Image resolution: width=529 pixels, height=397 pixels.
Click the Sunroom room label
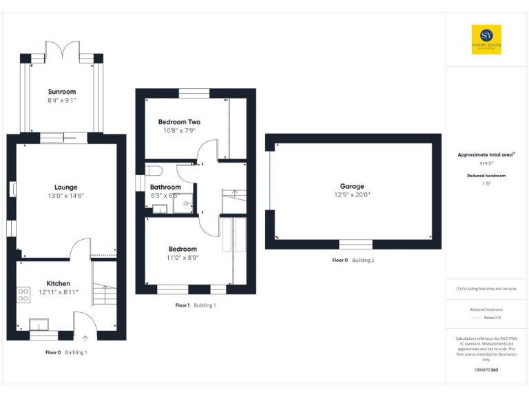[62, 92]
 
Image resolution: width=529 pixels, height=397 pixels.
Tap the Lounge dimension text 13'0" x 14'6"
[66, 196]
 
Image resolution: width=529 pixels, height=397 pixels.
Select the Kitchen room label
[58, 283]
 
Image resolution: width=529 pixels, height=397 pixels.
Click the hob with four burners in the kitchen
[23, 294]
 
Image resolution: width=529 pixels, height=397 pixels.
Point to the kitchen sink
[40, 324]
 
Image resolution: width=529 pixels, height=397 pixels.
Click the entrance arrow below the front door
[85, 338]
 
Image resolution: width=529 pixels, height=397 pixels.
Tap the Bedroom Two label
[179, 122]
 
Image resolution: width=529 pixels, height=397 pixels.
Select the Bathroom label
[165, 187]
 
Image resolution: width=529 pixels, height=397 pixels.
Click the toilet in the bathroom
[153, 170]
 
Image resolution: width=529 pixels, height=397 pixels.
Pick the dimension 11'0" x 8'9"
[183, 257]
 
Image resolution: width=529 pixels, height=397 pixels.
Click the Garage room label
[351, 186]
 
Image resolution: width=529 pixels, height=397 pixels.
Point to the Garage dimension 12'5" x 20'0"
[351, 195]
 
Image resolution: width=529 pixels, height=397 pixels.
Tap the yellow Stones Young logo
[486, 39]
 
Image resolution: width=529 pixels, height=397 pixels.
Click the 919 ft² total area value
[486, 164]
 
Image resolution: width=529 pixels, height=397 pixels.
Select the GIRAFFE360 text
[486, 371]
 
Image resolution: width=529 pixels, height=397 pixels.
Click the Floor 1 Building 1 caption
[195, 305]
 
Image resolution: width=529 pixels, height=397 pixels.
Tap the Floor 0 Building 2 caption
[353, 261]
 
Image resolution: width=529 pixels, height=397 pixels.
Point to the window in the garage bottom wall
[356, 244]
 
